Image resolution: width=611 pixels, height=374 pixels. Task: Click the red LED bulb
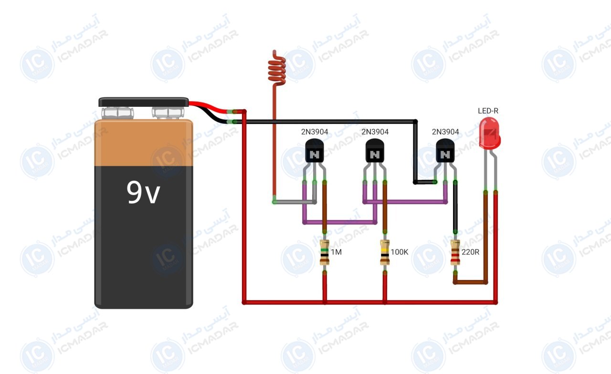490,133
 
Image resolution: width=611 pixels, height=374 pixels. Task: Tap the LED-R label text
488,111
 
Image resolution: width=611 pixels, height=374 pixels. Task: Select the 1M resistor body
324,252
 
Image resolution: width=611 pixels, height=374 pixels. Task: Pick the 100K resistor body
385,252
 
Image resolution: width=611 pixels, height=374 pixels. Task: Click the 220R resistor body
455,252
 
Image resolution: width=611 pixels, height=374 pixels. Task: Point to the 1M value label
337,252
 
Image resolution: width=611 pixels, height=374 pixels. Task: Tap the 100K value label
400,252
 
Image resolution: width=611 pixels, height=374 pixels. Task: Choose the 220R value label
471,252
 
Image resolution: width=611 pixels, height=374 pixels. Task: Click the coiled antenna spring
276,70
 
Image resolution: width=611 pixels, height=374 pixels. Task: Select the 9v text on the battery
143,193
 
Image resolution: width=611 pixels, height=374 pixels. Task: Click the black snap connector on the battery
144,102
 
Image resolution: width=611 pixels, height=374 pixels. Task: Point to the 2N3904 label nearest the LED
445,132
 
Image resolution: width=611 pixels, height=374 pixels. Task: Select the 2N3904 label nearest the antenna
315,132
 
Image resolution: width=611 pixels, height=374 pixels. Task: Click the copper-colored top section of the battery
144,143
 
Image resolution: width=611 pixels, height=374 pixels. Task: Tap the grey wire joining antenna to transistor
295,202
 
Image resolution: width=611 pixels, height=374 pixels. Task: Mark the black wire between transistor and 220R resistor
455,207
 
